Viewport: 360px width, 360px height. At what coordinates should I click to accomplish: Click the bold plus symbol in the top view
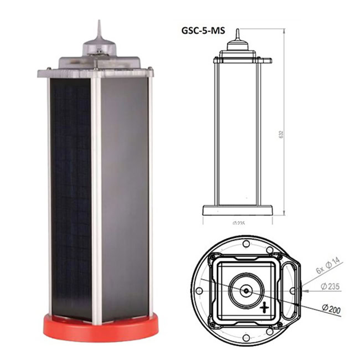click(x=265, y=307)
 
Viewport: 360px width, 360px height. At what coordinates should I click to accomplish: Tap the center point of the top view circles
click(x=245, y=289)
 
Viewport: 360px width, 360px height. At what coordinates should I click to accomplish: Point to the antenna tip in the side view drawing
click(x=237, y=32)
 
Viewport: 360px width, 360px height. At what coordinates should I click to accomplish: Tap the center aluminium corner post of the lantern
click(x=97, y=199)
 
